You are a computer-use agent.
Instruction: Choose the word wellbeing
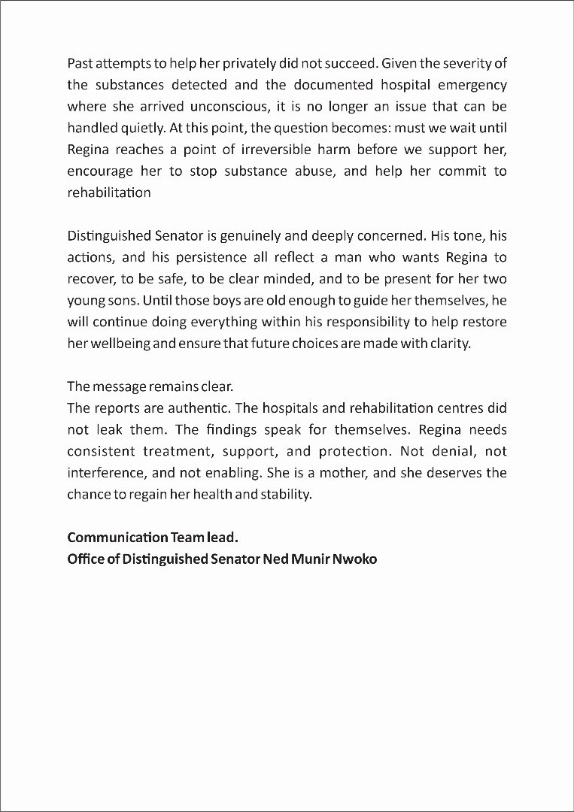tap(120, 347)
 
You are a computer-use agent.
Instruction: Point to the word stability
tap(285, 495)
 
